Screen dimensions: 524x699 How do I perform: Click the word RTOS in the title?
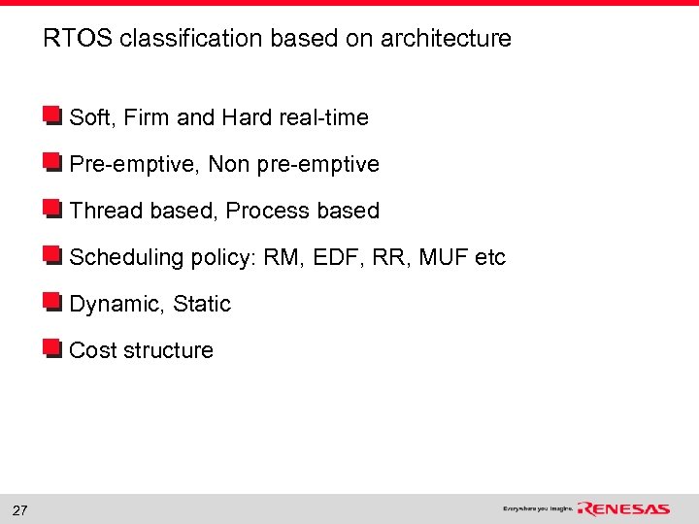(78, 39)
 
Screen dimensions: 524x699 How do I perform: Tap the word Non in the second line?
(229, 164)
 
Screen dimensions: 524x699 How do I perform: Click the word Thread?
(106, 211)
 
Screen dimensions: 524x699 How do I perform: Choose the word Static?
(202, 304)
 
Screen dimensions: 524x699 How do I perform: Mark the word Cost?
(92, 350)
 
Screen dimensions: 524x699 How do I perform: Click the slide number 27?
(19, 510)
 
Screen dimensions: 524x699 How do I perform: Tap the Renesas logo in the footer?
(623, 509)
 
